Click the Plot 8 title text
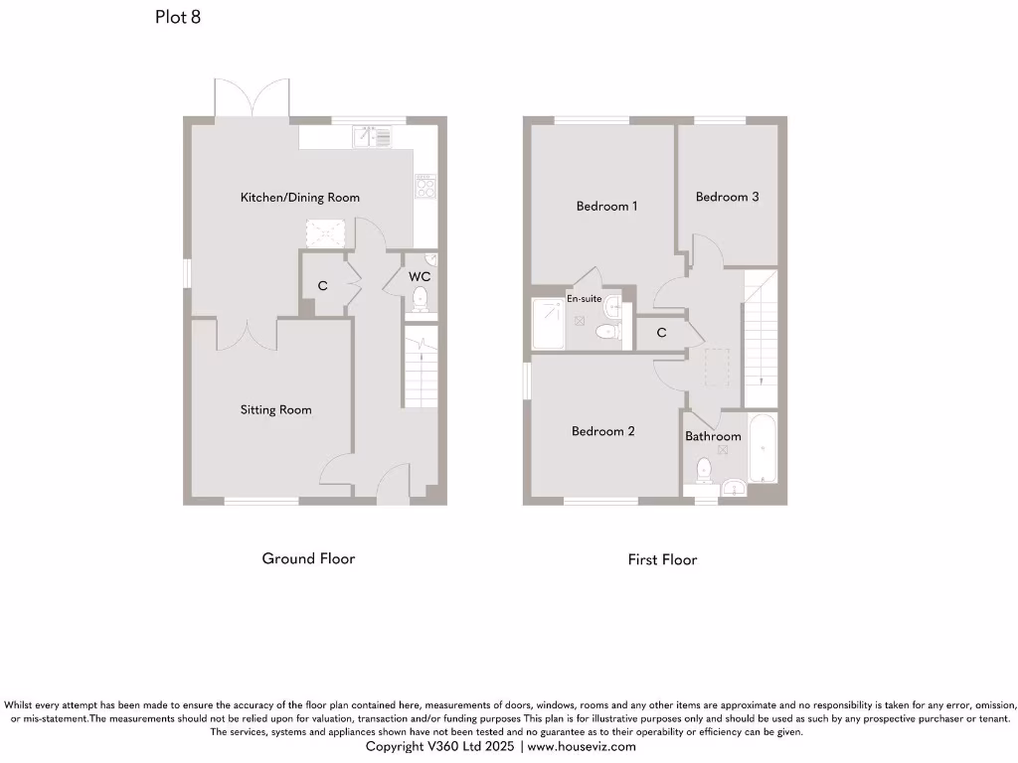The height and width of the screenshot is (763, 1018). point(178,17)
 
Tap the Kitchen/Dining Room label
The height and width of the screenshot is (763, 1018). point(300,198)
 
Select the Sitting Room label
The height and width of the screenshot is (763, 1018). point(275,409)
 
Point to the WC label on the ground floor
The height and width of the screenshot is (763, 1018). point(419,276)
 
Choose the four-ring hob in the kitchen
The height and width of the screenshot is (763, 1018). point(425,187)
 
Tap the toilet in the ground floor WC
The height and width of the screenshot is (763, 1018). point(420,298)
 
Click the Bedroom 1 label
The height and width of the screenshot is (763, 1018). point(606,207)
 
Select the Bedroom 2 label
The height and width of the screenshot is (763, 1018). point(602,431)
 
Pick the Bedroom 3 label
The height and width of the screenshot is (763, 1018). point(727,197)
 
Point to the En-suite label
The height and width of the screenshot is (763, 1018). point(584,298)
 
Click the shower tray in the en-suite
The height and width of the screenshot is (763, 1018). point(548,324)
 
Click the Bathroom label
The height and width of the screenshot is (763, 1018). point(713,436)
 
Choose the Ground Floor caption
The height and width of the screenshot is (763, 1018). point(308,558)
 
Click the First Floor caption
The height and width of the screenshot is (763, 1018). point(662,559)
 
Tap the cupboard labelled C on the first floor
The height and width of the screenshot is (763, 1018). point(660,333)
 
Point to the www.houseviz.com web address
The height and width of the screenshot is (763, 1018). point(581,746)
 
